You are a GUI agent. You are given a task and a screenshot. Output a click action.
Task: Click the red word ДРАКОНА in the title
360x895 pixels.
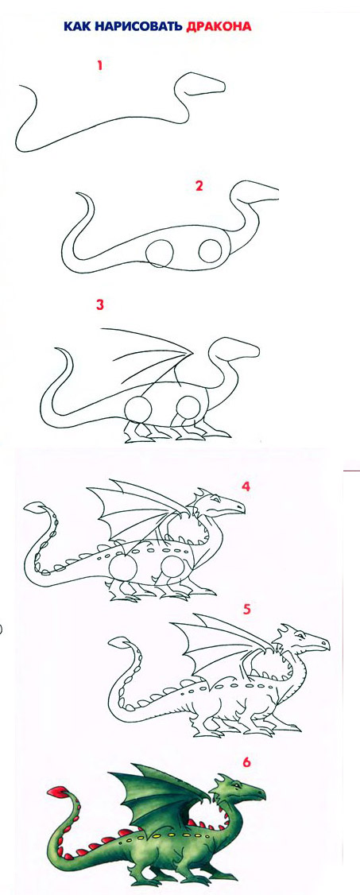[x=219, y=26]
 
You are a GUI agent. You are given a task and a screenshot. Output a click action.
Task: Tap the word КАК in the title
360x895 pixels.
[x=75, y=26]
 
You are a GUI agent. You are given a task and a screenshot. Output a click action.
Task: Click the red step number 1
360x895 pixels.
[x=100, y=66]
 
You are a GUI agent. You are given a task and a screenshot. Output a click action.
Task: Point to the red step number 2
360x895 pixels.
[x=199, y=186]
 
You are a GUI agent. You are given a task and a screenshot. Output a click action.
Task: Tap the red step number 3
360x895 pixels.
[x=100, y=304]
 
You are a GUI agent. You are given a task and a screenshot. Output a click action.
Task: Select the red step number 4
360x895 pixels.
[x=246, y=486]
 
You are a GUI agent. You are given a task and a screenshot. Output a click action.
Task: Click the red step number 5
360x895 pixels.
[x=247, y=609]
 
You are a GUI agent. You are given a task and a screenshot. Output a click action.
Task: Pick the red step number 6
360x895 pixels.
[x=247, y=762]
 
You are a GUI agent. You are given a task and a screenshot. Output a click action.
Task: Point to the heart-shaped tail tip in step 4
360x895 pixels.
[x=37, y=507]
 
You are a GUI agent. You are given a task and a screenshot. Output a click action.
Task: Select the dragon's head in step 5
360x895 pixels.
[x=301, y=639]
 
